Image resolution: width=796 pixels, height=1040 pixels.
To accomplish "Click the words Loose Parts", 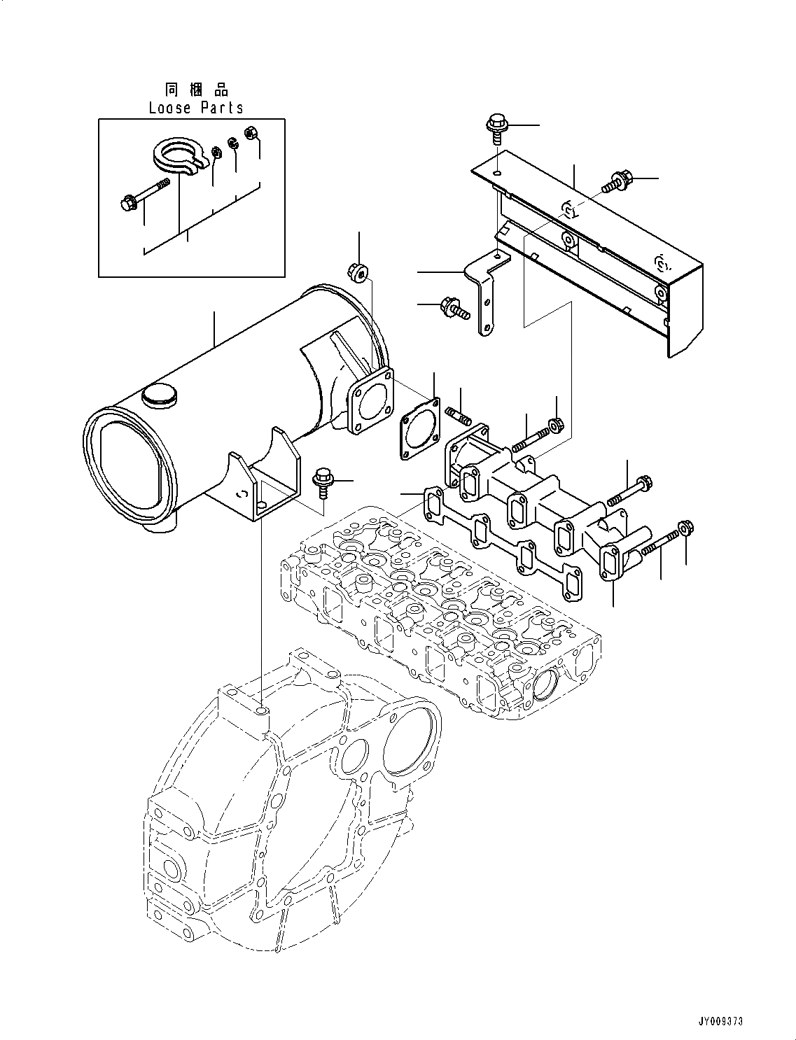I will (196, 108).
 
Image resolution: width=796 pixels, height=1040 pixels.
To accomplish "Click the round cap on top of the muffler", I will (156, 397).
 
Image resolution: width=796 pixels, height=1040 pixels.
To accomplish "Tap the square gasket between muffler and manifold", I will (420, 429).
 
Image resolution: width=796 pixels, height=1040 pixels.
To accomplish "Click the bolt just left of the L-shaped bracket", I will (452, 308).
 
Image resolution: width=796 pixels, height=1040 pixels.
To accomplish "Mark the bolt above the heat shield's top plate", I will (496, 129).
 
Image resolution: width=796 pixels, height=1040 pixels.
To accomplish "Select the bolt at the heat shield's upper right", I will (617, 181).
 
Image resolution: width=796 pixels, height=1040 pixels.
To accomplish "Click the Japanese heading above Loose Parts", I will (196, 90).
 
